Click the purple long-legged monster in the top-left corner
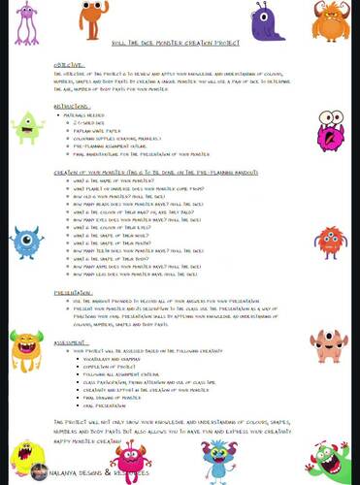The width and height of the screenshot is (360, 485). [27, 24]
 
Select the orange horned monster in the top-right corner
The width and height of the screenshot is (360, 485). [331, 20]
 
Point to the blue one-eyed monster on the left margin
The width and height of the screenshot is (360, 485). [27, 242]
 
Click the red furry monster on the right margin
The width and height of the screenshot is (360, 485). [330, 242]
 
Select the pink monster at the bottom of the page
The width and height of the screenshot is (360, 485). [131, 461]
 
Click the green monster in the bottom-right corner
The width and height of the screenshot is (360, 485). [332, 461]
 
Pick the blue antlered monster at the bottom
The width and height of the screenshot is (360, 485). [219, 459]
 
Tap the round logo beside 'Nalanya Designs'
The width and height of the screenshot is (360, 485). [40, 472]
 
